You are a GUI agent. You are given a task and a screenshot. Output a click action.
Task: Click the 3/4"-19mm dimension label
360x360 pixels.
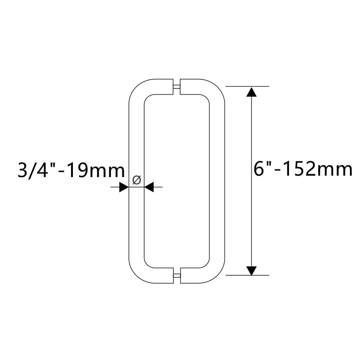click(x=71, y=170)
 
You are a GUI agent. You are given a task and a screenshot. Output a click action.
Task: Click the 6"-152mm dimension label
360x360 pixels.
click(x=303, y=169)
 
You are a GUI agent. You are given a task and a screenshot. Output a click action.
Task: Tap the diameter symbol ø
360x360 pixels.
click(x=137, y=180)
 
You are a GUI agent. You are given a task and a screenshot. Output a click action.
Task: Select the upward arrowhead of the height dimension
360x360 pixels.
click(x=252, y=92)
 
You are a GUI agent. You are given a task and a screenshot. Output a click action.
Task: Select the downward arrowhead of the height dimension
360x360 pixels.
click(x=252, y=271)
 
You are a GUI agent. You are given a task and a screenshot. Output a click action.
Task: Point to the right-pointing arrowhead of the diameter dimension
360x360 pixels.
click(x=124, y=187)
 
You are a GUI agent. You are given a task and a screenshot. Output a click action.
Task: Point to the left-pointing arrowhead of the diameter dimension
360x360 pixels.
click(x=149, y=187)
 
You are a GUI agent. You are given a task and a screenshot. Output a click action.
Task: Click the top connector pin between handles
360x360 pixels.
click(x=177, y=86)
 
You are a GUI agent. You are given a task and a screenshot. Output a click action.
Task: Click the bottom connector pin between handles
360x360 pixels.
click(x=177, y=276)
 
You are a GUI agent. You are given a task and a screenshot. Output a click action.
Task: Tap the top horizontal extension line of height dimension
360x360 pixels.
click(x=247, y=86)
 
